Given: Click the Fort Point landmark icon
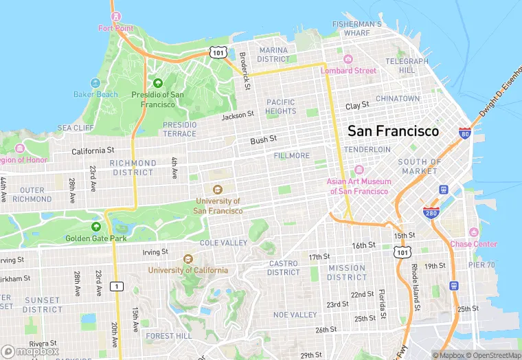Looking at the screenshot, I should [115, 16].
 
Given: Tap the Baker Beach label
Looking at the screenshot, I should [96, 94].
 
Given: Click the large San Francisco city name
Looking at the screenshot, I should [393, 131].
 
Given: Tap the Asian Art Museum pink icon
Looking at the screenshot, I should [358, 170].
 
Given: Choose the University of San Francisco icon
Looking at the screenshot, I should [218, 190].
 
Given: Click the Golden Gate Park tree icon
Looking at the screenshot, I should [96, 226].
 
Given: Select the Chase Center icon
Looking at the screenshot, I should [473, 232].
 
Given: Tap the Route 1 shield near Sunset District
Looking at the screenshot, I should [118, 286].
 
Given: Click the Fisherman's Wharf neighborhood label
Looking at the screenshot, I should [356, 28].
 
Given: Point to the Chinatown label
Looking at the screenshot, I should [397, 99].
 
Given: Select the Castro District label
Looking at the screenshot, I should [283, 268].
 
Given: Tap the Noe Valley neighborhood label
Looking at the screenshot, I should [295, 315].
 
